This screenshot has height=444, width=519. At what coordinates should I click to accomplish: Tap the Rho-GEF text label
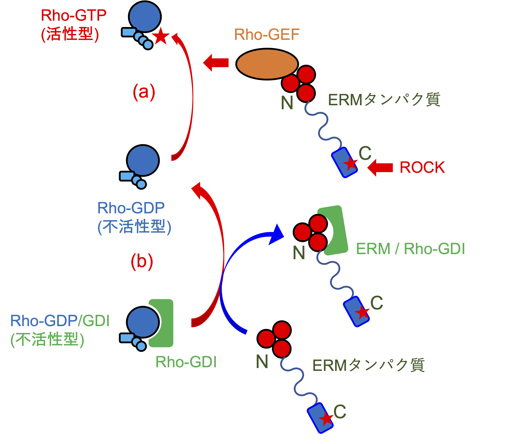[x=267, y=35]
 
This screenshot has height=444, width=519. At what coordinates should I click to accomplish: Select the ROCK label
[x=422, y=167]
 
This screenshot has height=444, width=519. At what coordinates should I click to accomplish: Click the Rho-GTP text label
[x=74, y=16]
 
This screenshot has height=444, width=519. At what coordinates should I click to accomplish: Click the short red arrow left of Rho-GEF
[x=216, y=63]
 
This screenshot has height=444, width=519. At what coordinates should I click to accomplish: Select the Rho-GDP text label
[x=131, y=208]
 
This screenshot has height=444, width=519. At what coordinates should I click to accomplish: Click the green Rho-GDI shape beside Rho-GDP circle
[x=164, y=323]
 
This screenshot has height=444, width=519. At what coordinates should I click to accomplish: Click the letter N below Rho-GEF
[x=287, y=103]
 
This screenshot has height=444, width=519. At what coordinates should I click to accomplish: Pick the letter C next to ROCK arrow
[x=365, y=153]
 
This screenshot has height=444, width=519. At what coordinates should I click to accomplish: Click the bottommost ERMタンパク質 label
[x=368, y=365]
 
